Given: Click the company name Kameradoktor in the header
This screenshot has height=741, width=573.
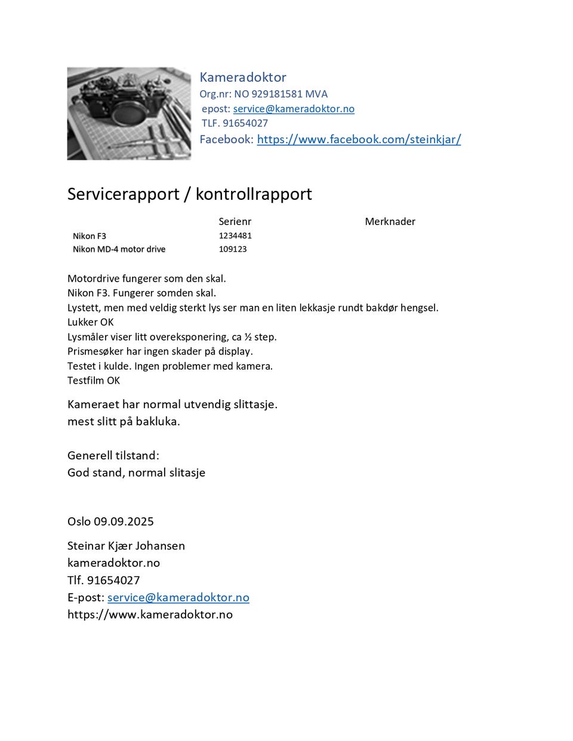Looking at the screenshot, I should coord(242,77).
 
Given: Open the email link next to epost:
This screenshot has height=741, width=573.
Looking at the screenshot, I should coord(294,109).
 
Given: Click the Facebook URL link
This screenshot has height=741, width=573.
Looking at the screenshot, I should coord(359,139).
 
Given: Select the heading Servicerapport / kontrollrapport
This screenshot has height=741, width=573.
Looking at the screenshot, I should coord(189,194).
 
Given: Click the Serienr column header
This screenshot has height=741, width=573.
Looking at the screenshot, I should coord(235,221).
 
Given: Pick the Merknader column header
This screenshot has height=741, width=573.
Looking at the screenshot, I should coord(390,221).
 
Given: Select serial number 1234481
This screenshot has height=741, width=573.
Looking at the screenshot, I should coord(235,236).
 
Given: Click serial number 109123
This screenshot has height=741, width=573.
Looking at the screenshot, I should coord(232,249).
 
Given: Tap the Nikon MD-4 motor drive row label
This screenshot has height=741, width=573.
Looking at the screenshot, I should coord(119,249).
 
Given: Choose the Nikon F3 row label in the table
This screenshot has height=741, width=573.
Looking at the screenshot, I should coord(90,236).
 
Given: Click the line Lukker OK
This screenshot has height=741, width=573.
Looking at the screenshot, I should coord(90,322).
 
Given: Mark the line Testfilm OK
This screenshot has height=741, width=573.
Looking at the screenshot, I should coord(94,380).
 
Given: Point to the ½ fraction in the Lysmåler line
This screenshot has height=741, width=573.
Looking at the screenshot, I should coord(248,336).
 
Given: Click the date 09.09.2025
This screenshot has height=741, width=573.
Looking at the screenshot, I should coord(124,521).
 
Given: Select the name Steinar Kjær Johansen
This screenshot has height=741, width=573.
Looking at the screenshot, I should coord(126,545).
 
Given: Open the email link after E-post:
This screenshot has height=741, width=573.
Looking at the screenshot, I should coord(178,597).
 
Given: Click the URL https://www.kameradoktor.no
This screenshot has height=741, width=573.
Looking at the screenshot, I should coord(150,614).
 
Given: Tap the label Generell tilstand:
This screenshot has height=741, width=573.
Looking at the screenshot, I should coord(113,455).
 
